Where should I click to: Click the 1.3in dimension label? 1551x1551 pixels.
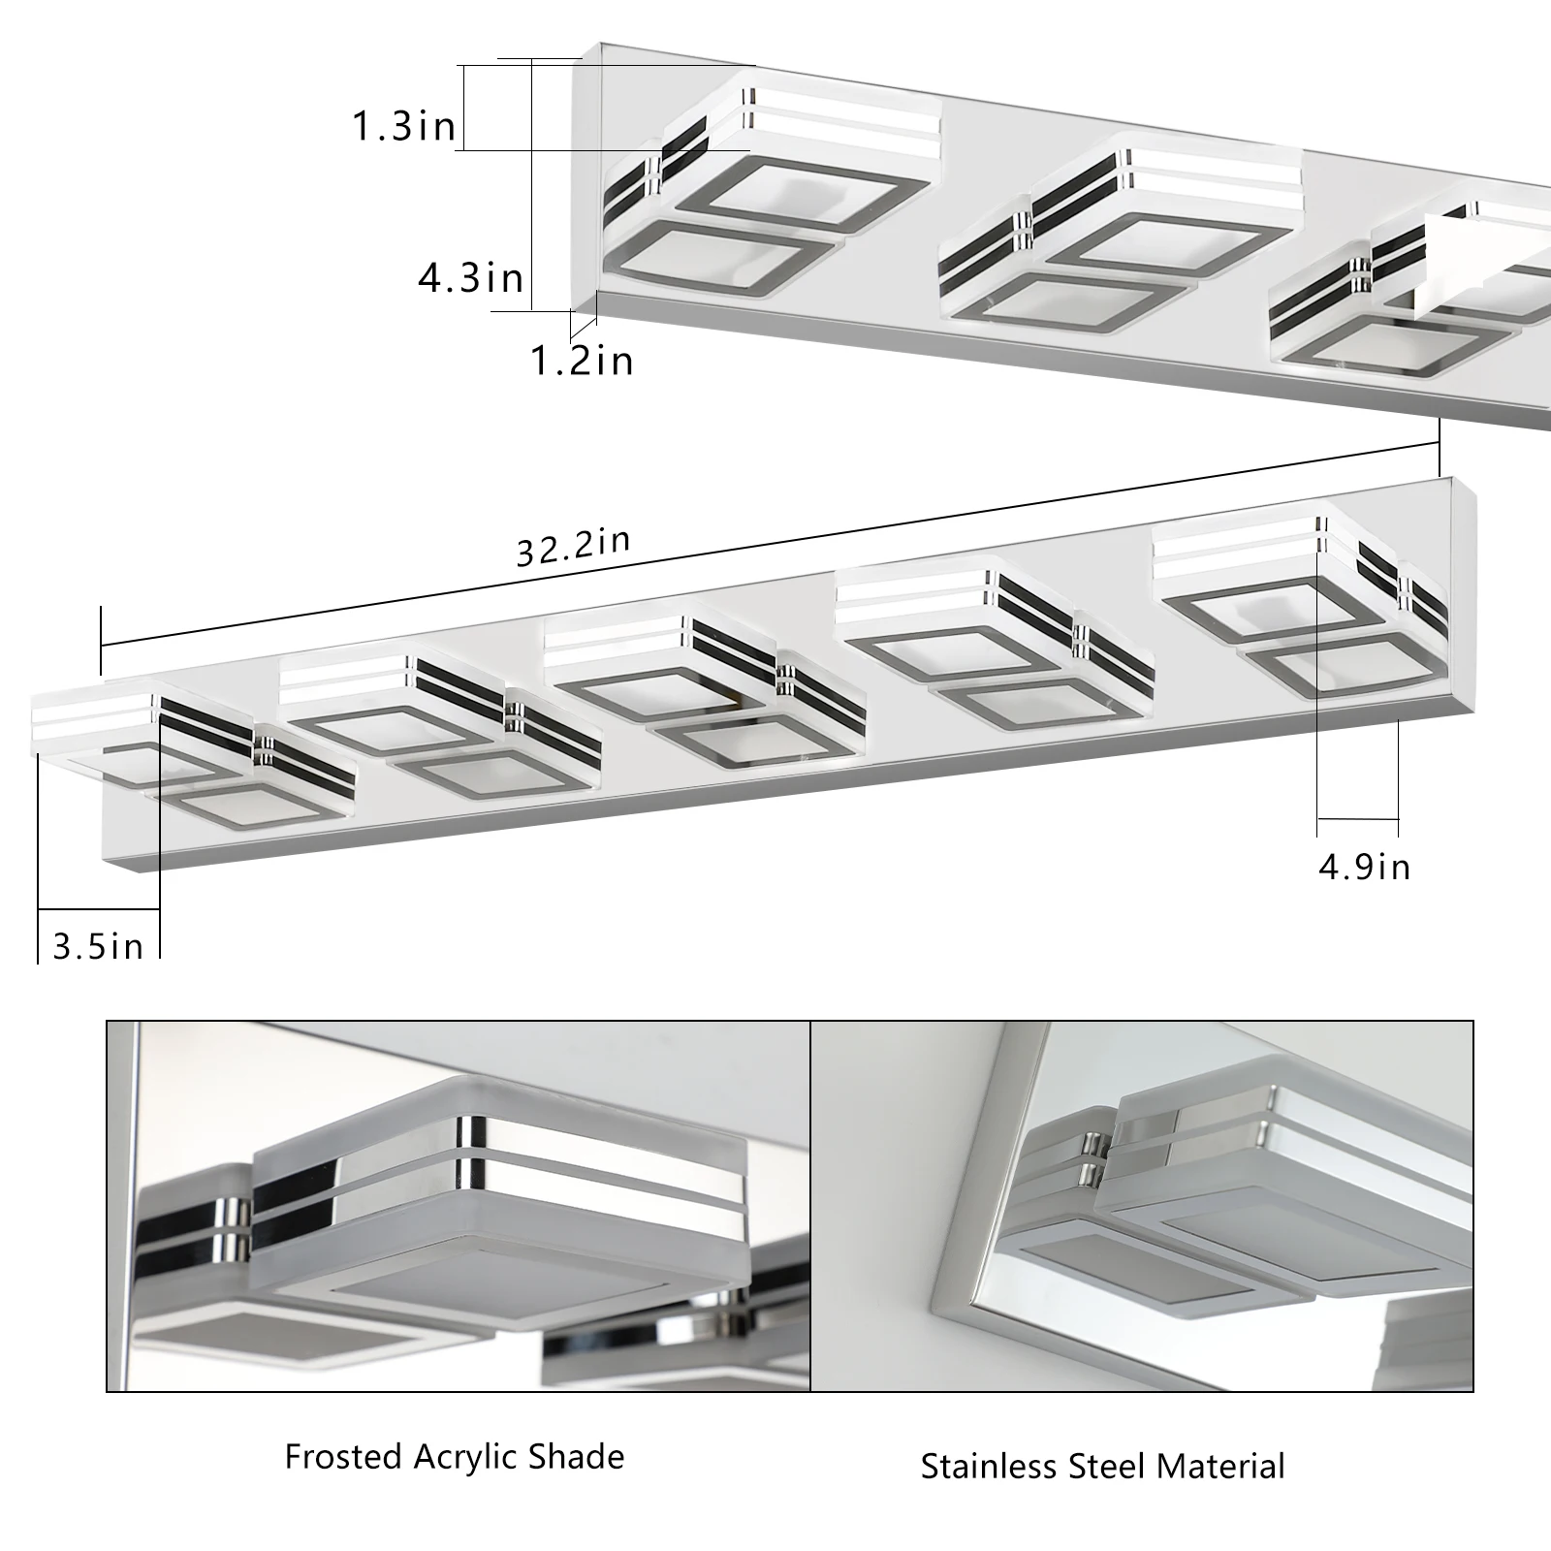pyautogui.click(x=403, y=126)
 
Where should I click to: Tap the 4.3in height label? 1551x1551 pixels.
pyautogui.click(x=471, y=278)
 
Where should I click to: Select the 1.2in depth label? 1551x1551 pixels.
pyautogui.click(x=582, y=361)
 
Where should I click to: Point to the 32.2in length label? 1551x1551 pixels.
pyautogui.click(x=573, y=547)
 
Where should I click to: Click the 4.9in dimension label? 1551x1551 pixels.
pyautogui.click(x=1364, y=867)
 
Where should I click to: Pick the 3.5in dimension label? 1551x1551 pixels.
pyautogui.click(x=98, y=946)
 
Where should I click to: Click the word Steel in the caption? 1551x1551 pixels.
pyautogui.click(x=1103, y=1466)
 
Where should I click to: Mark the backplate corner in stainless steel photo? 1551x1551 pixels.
pyautogui.click(x=945, y=1299)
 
